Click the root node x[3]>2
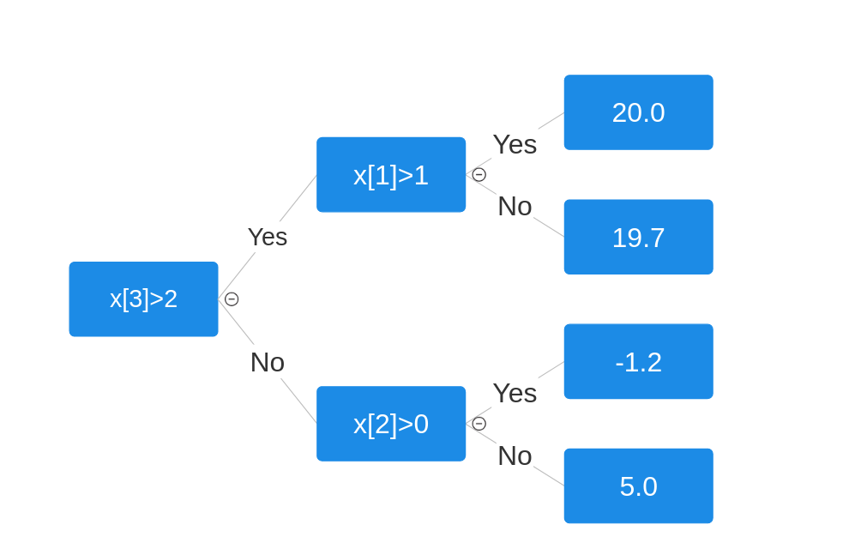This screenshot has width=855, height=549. click(x=143, y=299)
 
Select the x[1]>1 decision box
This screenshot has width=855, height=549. click(x=390, y=175)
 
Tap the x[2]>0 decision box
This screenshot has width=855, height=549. click(x=390, y=424)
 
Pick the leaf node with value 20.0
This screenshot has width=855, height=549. click(x=638, y=112)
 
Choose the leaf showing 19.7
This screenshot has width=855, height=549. click(x=638, y=237)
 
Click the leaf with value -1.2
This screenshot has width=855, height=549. click(x=638, y=361)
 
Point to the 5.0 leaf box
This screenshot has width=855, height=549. click(x=638, y=486)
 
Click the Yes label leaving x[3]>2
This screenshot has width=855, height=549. click(x=268, y=237)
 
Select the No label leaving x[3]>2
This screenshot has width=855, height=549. click(x=268, y=362)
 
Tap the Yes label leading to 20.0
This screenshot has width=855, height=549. click(x=515, y=144)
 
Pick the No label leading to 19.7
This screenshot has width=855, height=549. click(x=515, y=206)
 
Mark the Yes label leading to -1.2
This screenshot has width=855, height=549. click(x=515, y=393)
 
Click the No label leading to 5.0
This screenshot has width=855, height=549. click(x=515, y=455)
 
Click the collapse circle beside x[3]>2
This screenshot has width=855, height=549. click(x=232, y=299)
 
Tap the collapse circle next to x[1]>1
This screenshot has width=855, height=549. click(x=479, y=175)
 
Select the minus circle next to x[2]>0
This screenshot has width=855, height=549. click(x=479, y=424)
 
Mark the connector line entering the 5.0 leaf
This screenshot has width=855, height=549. click(x=549, y=476)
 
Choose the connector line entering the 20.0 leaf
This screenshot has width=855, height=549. click(x=551, y=121)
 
